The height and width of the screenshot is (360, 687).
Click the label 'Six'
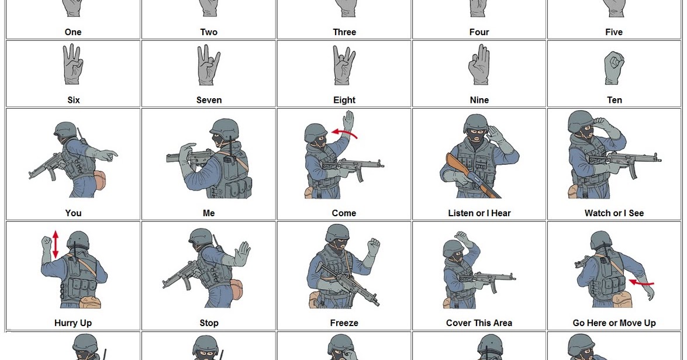73,100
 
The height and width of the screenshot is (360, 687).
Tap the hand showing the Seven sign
209,65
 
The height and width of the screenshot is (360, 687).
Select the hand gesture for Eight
344,65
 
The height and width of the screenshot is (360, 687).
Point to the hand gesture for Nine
479,65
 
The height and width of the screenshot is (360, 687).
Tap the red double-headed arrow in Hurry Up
56,244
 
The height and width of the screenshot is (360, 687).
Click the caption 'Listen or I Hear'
479,213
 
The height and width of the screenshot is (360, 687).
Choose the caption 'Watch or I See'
614,213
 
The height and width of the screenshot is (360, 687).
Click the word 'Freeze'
344,323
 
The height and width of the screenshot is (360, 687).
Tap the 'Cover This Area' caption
479,323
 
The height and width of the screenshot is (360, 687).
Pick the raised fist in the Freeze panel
372,245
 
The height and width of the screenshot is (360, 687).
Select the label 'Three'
344,32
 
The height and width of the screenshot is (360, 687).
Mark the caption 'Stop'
209,323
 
